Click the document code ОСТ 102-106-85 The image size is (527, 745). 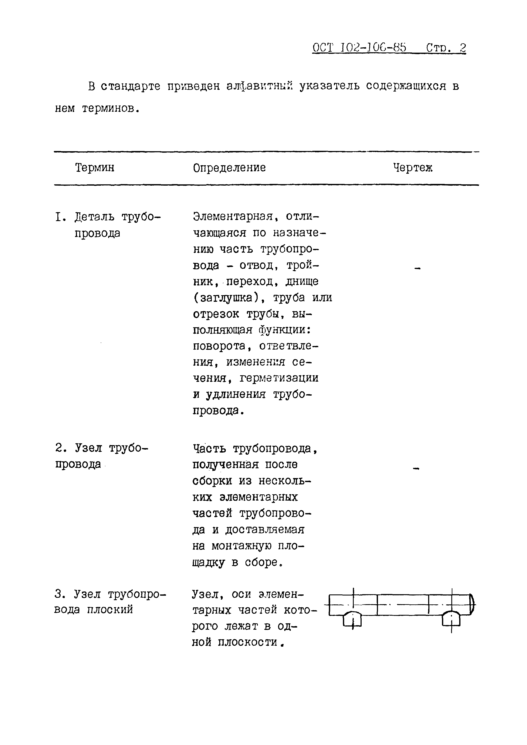pos(359,48)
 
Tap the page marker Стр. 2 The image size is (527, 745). pos(446,48)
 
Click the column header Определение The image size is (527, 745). pos(229,168)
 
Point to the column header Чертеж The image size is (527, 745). pos(413,168)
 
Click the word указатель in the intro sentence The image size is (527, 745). pos(329,86)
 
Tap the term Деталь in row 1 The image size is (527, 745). pos(94,217)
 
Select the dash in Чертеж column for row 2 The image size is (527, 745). pos(416,468)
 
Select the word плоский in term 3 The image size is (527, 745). pos(110,609)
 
